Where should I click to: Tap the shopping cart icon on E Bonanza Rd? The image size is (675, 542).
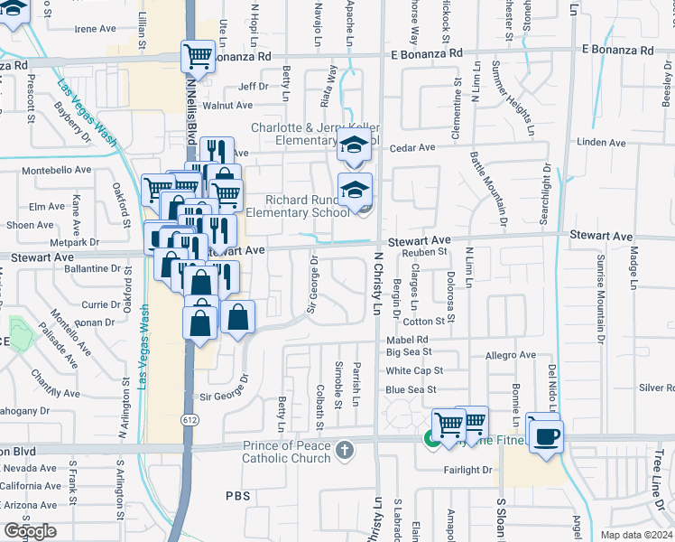click(198, 57)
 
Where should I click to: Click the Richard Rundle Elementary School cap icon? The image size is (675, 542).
click(356, 190)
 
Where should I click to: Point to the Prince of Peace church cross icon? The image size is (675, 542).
click(342, 450)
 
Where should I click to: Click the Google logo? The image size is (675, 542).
click(30, 531)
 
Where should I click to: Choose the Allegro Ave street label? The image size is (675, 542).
click(511, 356)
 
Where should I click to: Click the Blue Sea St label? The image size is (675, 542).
click(411, 389)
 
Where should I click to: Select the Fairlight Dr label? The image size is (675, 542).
click(467, 470)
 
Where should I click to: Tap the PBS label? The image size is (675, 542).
click(237, 496)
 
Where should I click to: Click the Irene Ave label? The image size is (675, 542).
click(96, 29)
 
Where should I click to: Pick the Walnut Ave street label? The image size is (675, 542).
click(227, 106)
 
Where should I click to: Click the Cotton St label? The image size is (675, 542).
click(419, 322)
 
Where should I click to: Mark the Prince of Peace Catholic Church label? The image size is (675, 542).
click(286, 456)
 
